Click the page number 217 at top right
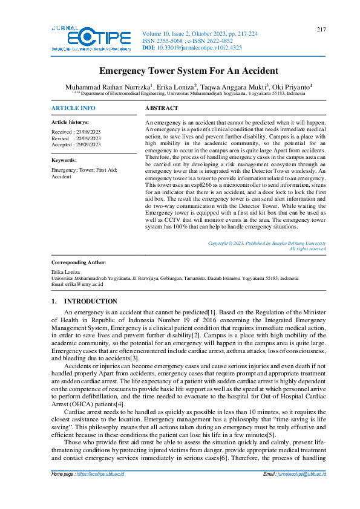[321, 30]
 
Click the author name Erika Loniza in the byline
[177, 87]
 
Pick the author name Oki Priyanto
[291, 87]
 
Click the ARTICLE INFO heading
[73, 108]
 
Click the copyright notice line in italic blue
[267, 243]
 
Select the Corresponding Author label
[79, 262]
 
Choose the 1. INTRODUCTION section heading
[85, 301]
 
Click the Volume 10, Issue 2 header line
[199, 34]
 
